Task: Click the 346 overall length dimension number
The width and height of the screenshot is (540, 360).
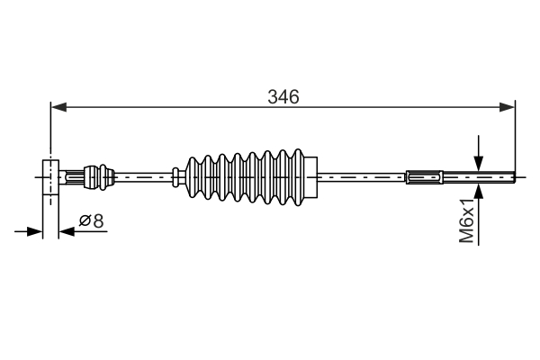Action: coord(283,95)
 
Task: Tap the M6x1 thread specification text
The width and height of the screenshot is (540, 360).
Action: coord(466,220)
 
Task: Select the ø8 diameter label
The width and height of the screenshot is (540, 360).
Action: coord(91,220)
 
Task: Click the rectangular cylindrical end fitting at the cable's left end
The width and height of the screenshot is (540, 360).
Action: coord(50,177)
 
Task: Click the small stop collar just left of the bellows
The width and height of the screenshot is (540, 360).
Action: coord(174,177)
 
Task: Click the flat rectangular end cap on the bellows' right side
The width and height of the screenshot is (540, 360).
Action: coord(311,177)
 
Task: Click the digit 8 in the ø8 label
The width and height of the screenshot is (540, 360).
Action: coord(97,220)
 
